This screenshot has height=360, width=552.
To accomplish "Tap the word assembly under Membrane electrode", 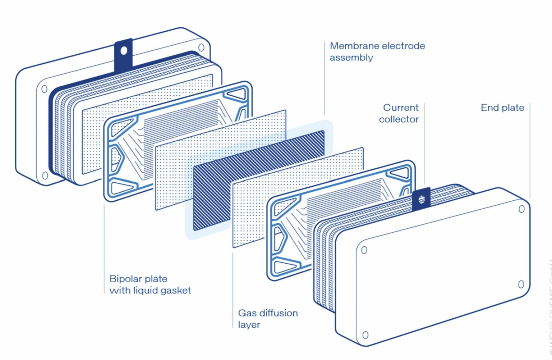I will [x=351, y=58].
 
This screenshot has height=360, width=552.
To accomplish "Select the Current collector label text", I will [x=399, y=113].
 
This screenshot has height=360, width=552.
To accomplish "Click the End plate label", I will [x=502, y=108].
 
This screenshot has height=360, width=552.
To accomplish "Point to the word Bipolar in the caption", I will [x=124, y=279].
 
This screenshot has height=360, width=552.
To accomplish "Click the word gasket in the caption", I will [x=176, y=290].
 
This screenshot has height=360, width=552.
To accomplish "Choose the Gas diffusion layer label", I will [x=268, y=319].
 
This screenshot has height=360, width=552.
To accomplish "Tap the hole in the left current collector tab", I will [x=124, y=51].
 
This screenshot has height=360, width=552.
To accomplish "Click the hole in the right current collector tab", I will [x=422, y=199].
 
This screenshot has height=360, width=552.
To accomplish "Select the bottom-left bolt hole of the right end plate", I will [x=365, y=335].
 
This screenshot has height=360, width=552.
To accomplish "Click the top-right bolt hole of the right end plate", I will [x=521, y=209].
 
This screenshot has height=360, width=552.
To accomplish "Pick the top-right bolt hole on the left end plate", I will [x=201, y=47].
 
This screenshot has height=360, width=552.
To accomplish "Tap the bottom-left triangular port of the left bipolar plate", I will [x=122, y=188].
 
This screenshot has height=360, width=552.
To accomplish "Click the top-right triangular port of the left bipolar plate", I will [x=237, y=95].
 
